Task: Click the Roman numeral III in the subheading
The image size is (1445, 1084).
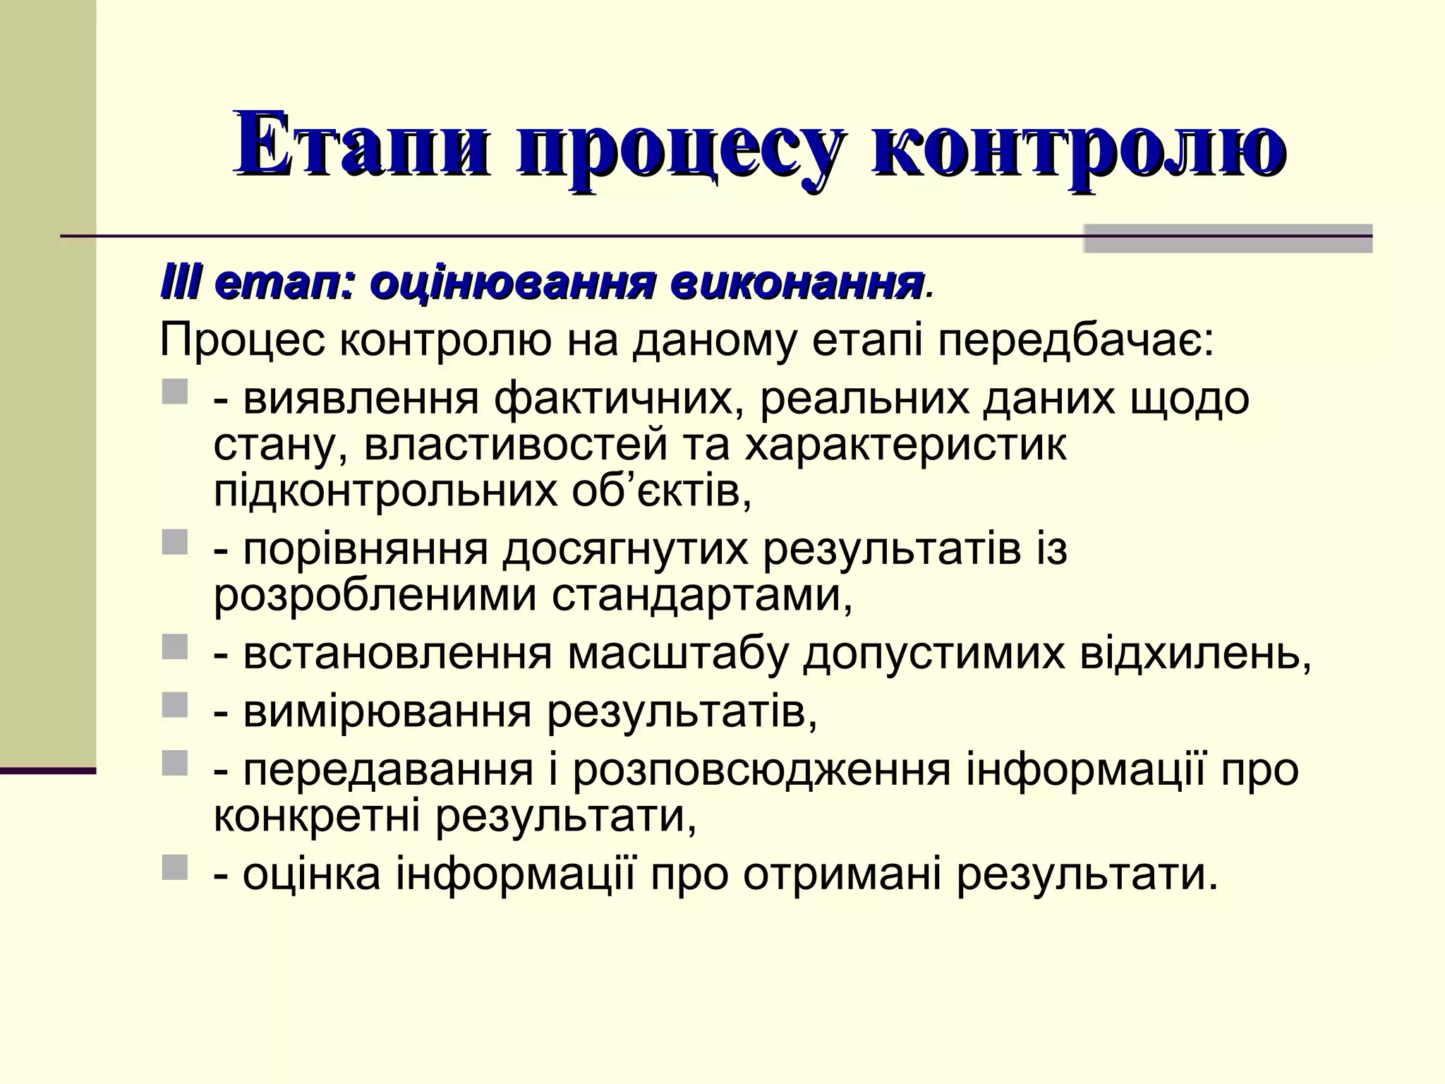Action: coord(182,284)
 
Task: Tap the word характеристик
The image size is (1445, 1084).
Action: coord(905,446)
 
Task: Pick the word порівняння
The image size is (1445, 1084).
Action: coord(365,551)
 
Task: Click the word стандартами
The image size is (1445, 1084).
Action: coord(701,596)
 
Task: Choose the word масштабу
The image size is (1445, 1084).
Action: coord(677,655)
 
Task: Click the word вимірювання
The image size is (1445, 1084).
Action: coord(387,713)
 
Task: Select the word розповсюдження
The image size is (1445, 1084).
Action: coord(761,771)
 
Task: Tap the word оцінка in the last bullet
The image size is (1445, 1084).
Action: coord(312,875)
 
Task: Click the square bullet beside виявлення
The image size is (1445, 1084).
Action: coord(175,393)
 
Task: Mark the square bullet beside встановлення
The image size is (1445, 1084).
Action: coord(175,647)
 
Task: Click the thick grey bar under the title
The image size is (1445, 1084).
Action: coord(1228,239)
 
